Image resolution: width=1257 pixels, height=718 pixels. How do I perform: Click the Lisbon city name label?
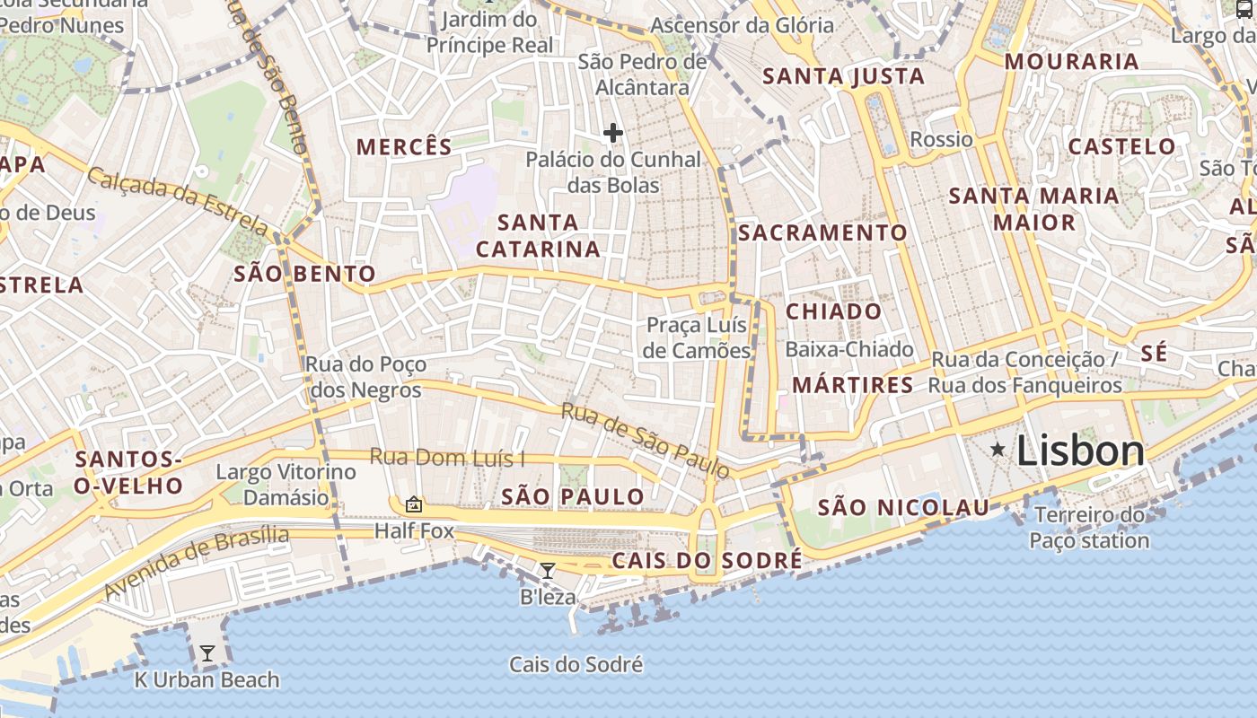[x=1080, y=451]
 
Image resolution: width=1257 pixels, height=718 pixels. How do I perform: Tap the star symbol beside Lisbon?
[x=998, y=449]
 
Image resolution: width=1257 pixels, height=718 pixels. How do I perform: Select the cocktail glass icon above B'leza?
[x=547, y=570]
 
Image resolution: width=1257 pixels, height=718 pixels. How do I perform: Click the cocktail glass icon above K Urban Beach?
[x=207, y=653]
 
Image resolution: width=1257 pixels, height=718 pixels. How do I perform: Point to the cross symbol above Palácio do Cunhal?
[x=613, y=134]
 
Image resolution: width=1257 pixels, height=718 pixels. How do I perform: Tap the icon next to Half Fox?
[x=414, y=504]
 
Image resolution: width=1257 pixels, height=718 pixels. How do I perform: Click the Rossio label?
[x=941, y=139]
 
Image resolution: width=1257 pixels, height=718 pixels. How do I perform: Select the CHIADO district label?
[x=834, y=311]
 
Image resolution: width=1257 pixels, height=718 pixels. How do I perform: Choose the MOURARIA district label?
[x=1071, y=62]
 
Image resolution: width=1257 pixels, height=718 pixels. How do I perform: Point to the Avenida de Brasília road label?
[x=197, y=564]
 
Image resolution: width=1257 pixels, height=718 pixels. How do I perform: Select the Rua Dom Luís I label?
[x=447, y=458]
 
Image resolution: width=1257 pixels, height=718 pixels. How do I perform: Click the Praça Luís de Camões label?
[x=699, y=337]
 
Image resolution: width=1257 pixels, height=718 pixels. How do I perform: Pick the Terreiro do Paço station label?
[x=1089, y=528]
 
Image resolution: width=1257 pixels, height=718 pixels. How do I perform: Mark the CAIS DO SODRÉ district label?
[x=707, y=561]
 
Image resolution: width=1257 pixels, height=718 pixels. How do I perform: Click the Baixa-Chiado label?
[x=848, y=349]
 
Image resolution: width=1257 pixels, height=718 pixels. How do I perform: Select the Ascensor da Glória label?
[x=742, y=25]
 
